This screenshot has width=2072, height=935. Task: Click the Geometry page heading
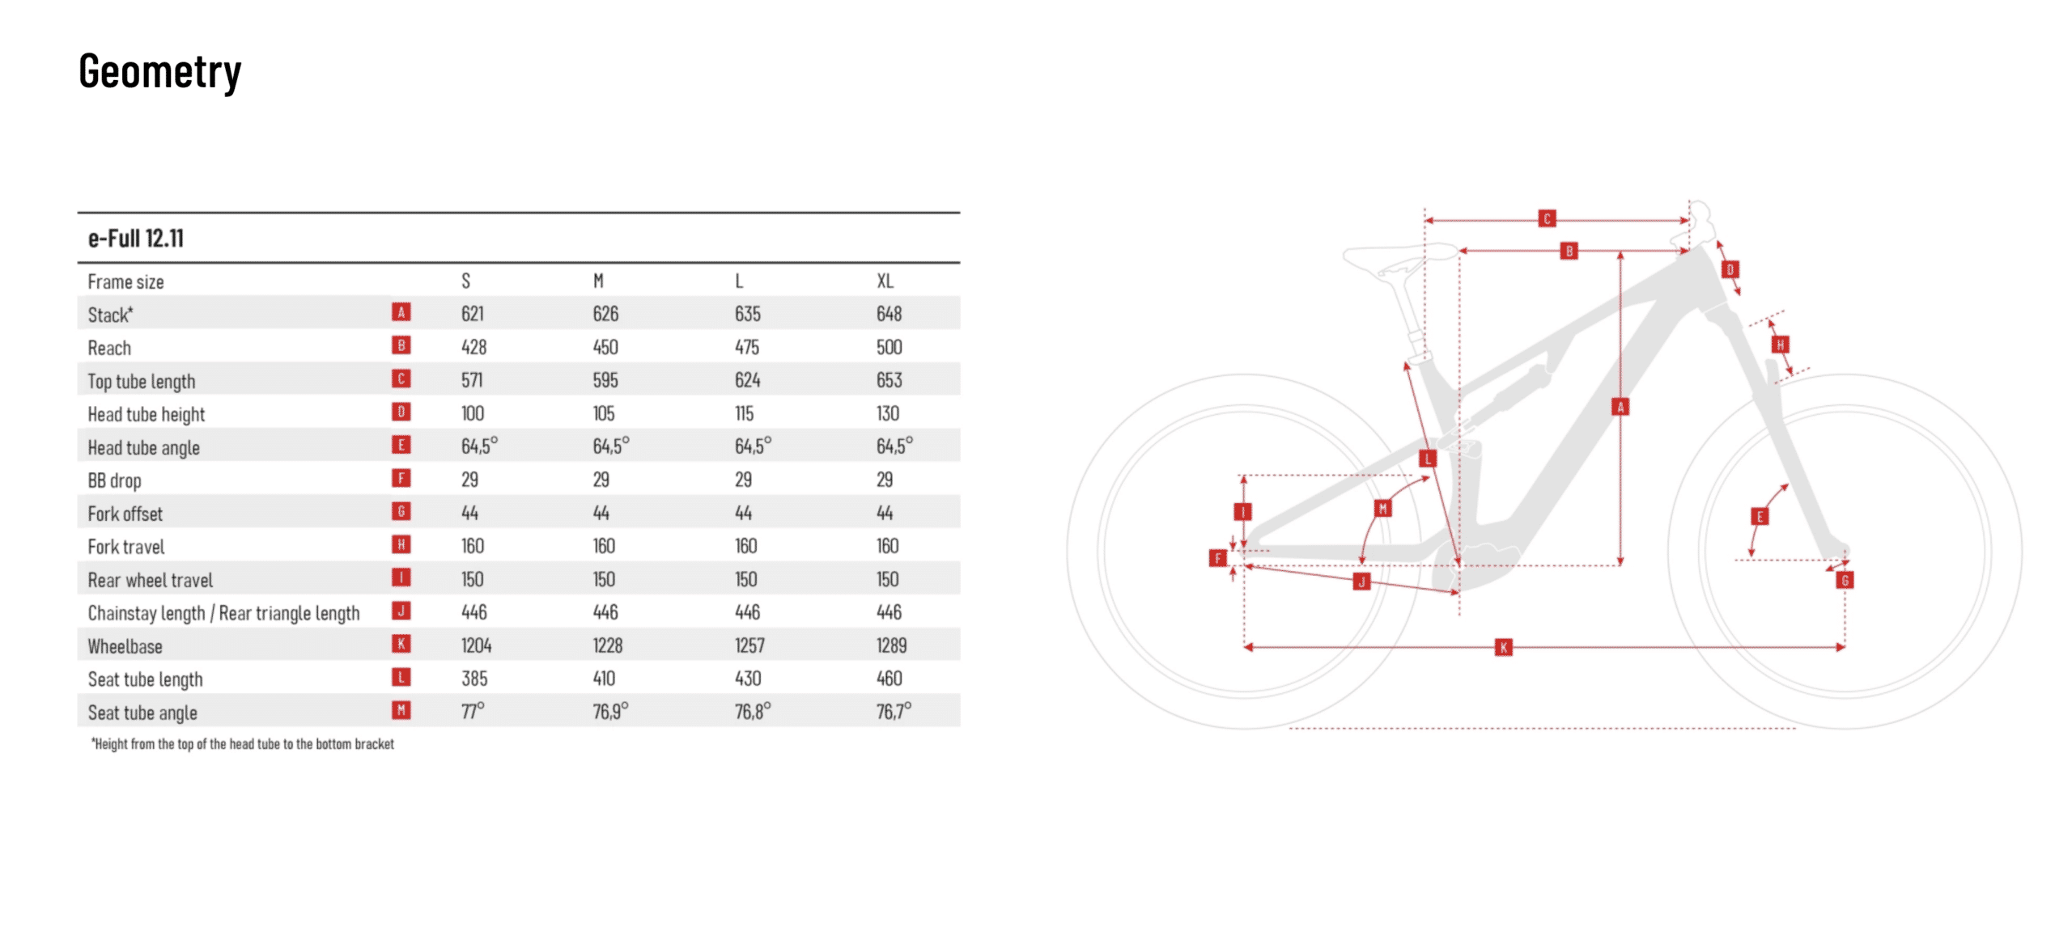[x=159, y=72]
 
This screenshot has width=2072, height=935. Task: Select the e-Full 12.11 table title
[x=136, y=239]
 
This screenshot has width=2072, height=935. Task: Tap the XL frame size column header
[x=885, y=281]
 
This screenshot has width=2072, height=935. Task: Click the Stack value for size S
[x=472, y=314]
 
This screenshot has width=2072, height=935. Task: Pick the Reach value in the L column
[x=746, y=347]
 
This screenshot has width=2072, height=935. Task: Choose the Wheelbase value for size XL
[x=891, y=645]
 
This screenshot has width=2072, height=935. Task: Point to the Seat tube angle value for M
[x=610, y=711]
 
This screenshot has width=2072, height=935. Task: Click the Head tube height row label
[x=146, y=414]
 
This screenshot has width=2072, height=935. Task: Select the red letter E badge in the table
[x=401, y=445]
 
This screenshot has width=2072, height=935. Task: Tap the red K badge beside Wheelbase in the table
[x=401, y=644]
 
